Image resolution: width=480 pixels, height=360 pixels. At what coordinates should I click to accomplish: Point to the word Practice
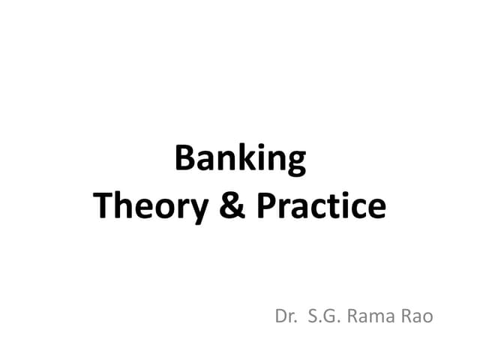[x=322, y=206]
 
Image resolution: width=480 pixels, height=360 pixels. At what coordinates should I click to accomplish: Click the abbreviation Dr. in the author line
[x=286, y=316]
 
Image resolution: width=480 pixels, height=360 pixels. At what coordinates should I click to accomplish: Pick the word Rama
[x=375, y=316]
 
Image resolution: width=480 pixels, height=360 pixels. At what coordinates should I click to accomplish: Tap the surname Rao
[x=417, y=316]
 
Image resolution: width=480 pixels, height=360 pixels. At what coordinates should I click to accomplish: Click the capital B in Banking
[x=184, y=159]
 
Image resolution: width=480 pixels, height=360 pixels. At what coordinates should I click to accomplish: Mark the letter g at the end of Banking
[x=295, y=163]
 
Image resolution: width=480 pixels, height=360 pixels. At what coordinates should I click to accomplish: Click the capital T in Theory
[x=104, y=205]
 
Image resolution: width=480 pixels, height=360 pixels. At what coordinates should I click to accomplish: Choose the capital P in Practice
[x=268, y=205]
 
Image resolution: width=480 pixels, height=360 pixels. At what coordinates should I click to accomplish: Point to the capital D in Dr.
[x=282, y=316]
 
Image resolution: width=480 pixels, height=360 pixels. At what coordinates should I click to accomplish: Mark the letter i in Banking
[x=259, y=159]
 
